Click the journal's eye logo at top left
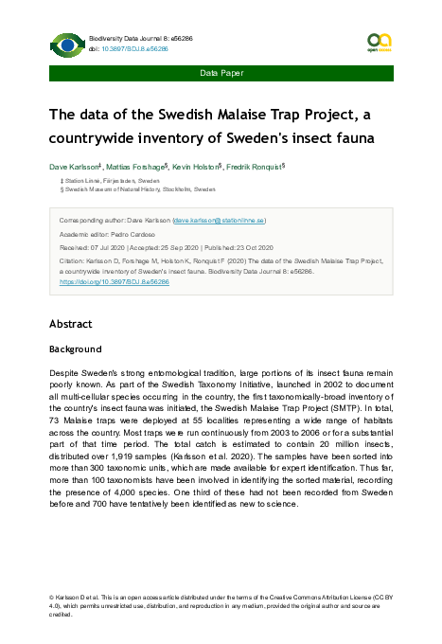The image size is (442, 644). [67, 44]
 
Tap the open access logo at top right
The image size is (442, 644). [379, 44]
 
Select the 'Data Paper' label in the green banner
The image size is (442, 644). [221, 73]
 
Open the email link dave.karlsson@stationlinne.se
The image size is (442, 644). [232, 219]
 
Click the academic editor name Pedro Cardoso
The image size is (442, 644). [136, 232]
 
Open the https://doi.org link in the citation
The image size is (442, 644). [114, 281]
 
